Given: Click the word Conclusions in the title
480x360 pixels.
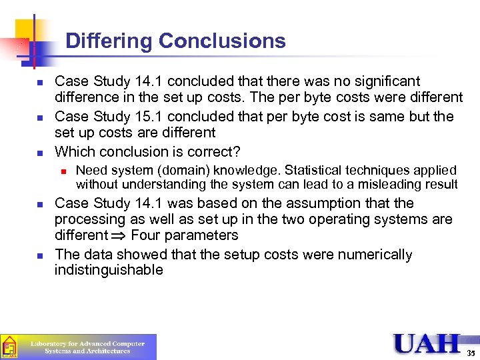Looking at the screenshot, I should pos(223,41).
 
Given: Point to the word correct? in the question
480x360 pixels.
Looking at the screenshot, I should pos(216,151).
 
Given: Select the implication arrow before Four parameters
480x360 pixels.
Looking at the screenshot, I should pos(120,235).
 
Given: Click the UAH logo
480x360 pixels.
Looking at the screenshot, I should pos(427,343).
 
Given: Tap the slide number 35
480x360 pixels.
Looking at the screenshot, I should pos(471,352).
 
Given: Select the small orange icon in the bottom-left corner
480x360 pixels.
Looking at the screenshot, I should pos(9,347).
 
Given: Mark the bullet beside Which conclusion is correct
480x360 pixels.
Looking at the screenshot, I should pos(40,152).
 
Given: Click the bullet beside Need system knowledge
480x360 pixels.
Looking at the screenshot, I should pos(63,171).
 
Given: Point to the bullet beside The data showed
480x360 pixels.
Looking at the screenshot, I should pos(40,255).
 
